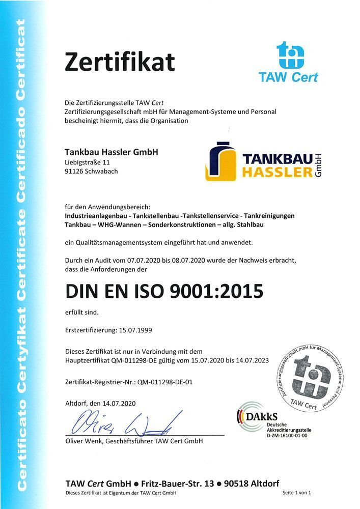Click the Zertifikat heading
120,62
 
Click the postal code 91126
75,171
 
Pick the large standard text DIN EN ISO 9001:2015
164,291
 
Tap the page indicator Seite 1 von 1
296,493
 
